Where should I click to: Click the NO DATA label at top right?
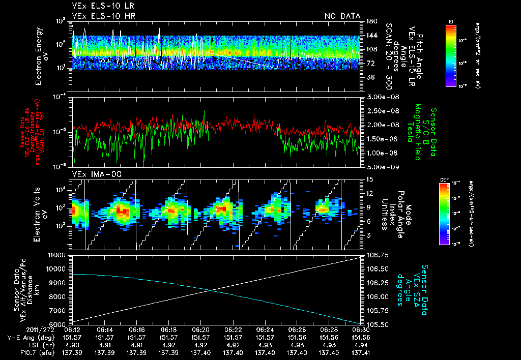[x=342, y=16]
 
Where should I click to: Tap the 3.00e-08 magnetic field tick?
[x=382, y=97]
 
